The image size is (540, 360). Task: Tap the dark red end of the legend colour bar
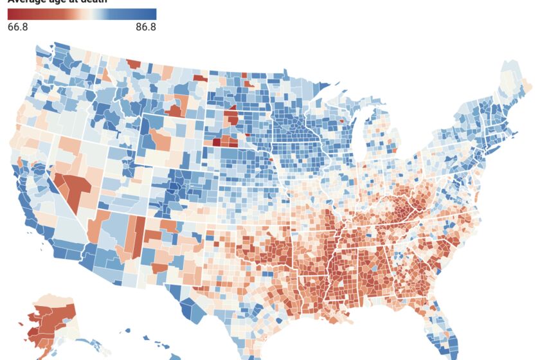pos(12,14)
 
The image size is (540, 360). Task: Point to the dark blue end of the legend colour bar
pos(152,14)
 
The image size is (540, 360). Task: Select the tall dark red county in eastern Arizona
pos(138,231)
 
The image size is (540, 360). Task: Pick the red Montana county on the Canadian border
pos(133,63)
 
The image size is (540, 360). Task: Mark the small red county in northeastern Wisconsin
pos(340,120)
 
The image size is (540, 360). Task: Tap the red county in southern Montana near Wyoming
pos(174,109)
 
